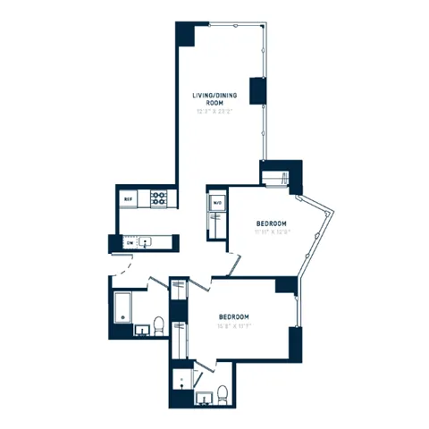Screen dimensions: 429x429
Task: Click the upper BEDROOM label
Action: tap(271, 223)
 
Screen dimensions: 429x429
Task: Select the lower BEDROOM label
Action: tap(234, 317)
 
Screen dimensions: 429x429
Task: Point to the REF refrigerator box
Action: tap(128, 198)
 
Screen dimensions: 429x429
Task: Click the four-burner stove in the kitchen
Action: tap(158, 198)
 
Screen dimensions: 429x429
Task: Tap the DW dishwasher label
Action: tap(129, 242)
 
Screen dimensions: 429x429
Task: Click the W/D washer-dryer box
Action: tap(216, 203)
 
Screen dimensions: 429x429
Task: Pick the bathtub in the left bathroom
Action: tap(122, 309)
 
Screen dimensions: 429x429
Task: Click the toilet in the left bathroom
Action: tap(157, 325)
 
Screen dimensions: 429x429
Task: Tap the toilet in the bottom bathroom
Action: tap(223, 393)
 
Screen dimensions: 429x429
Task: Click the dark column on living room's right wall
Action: tap(258, 90)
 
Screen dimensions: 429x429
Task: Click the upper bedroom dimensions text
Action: tap(271, 232)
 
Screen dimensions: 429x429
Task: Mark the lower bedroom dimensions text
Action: tap(234, 327)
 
